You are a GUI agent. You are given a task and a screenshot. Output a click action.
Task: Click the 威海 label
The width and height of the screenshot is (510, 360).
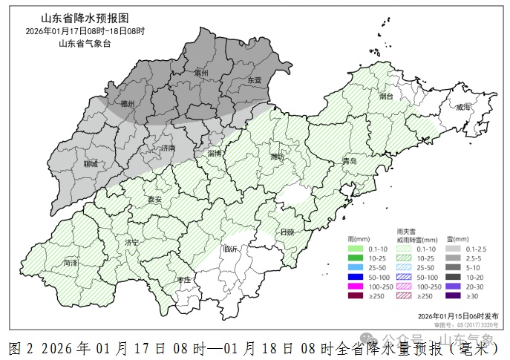[x=463, y=107]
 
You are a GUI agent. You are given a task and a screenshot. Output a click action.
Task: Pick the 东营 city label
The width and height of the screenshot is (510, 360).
[x=255, y=79]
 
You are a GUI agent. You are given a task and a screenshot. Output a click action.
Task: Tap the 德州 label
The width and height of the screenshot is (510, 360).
[x=128, y=105]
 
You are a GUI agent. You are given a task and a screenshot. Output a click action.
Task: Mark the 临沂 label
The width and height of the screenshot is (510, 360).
[x=231, y=249]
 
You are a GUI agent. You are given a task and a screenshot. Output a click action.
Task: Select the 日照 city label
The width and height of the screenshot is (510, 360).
[x=287, y=232]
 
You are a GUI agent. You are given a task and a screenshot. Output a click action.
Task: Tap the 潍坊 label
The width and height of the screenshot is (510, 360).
[x=277, y=157]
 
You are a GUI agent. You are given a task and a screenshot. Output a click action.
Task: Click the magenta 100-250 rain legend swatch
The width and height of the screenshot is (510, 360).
[x=356, y=286]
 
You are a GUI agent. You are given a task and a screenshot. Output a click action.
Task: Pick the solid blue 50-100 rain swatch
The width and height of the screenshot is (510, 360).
[x=356, y=276]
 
